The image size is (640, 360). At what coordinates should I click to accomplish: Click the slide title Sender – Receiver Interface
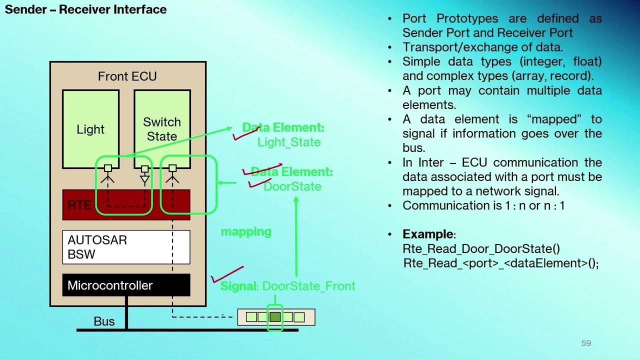[85, 9]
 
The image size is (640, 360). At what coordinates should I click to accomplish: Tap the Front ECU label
[127, 76]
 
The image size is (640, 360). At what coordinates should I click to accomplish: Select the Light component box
[90, 129]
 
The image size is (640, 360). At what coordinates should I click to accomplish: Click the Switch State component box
[162, 129]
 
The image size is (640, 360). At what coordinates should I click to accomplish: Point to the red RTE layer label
[79, 205]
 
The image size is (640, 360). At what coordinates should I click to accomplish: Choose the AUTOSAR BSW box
[126, 247]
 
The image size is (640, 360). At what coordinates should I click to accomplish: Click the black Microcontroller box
[126, 285]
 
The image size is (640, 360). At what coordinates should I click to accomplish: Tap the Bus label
[104, 321]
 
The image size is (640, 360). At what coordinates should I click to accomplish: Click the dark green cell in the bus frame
[275, 317]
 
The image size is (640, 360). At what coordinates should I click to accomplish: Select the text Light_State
[289, 142]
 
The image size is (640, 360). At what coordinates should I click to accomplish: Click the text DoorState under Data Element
[292, 186]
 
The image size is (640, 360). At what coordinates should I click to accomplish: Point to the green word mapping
[246, 231]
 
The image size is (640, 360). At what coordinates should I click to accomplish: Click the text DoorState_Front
[309, 286]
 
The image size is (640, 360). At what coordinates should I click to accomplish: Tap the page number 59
[586, 343]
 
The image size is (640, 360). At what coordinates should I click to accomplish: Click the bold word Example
[428, 234]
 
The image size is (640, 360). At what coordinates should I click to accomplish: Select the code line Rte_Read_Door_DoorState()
[481, 249]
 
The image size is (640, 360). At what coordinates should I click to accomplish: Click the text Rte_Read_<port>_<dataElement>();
[500, 263]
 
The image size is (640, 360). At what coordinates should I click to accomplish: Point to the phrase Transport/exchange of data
[482, 47]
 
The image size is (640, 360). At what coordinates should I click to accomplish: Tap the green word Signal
[239, 286]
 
